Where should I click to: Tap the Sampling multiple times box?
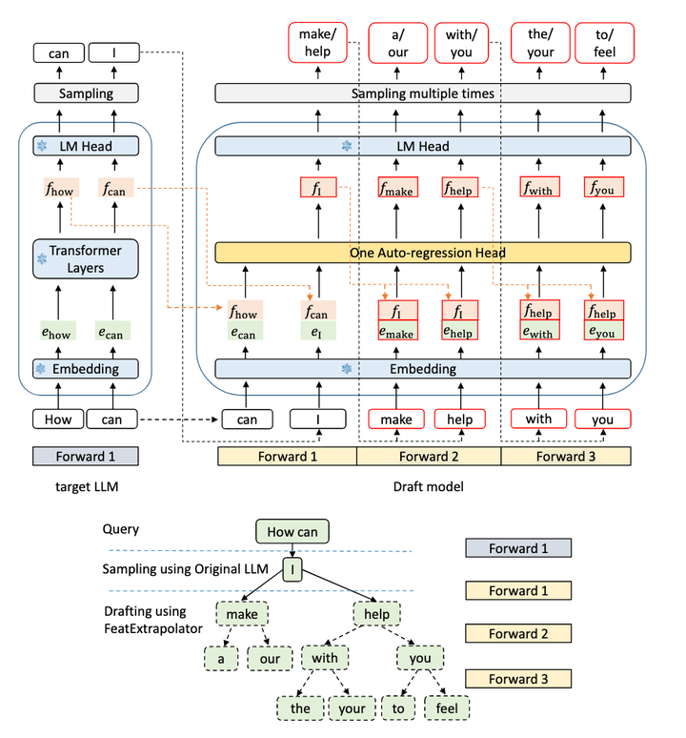point(423,92)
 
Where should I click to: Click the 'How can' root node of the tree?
point(293,531)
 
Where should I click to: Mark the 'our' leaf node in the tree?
point(270,658)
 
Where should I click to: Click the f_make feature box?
point(397,188)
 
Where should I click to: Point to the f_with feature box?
point(540,188)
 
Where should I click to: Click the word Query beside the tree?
point(120,529)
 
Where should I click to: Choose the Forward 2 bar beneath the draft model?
point(429,456)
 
